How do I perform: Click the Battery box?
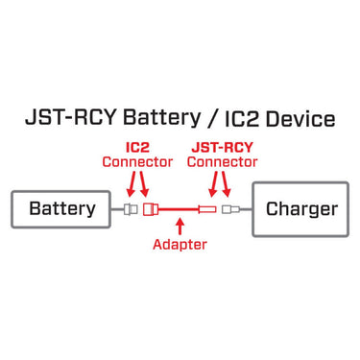click(x=62, y=208)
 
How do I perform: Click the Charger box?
click(x=300, y=208)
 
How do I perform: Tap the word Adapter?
click(x=180, y=244)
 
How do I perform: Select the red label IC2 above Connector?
click(x=136, y=147)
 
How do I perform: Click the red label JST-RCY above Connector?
click(x=221, y=147)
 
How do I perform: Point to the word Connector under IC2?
click(x=137, y=163)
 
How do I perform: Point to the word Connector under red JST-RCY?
click(x=221, y=163)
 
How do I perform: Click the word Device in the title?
click(x=300, y=120)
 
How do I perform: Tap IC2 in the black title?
click(x=236, y=120)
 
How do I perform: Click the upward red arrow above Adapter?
click(x=179, y=224)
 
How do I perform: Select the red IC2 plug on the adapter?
click(x=149, y=208)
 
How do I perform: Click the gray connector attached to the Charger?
click(x=229, y=208)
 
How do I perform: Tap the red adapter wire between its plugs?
click(x=178, y=208)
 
